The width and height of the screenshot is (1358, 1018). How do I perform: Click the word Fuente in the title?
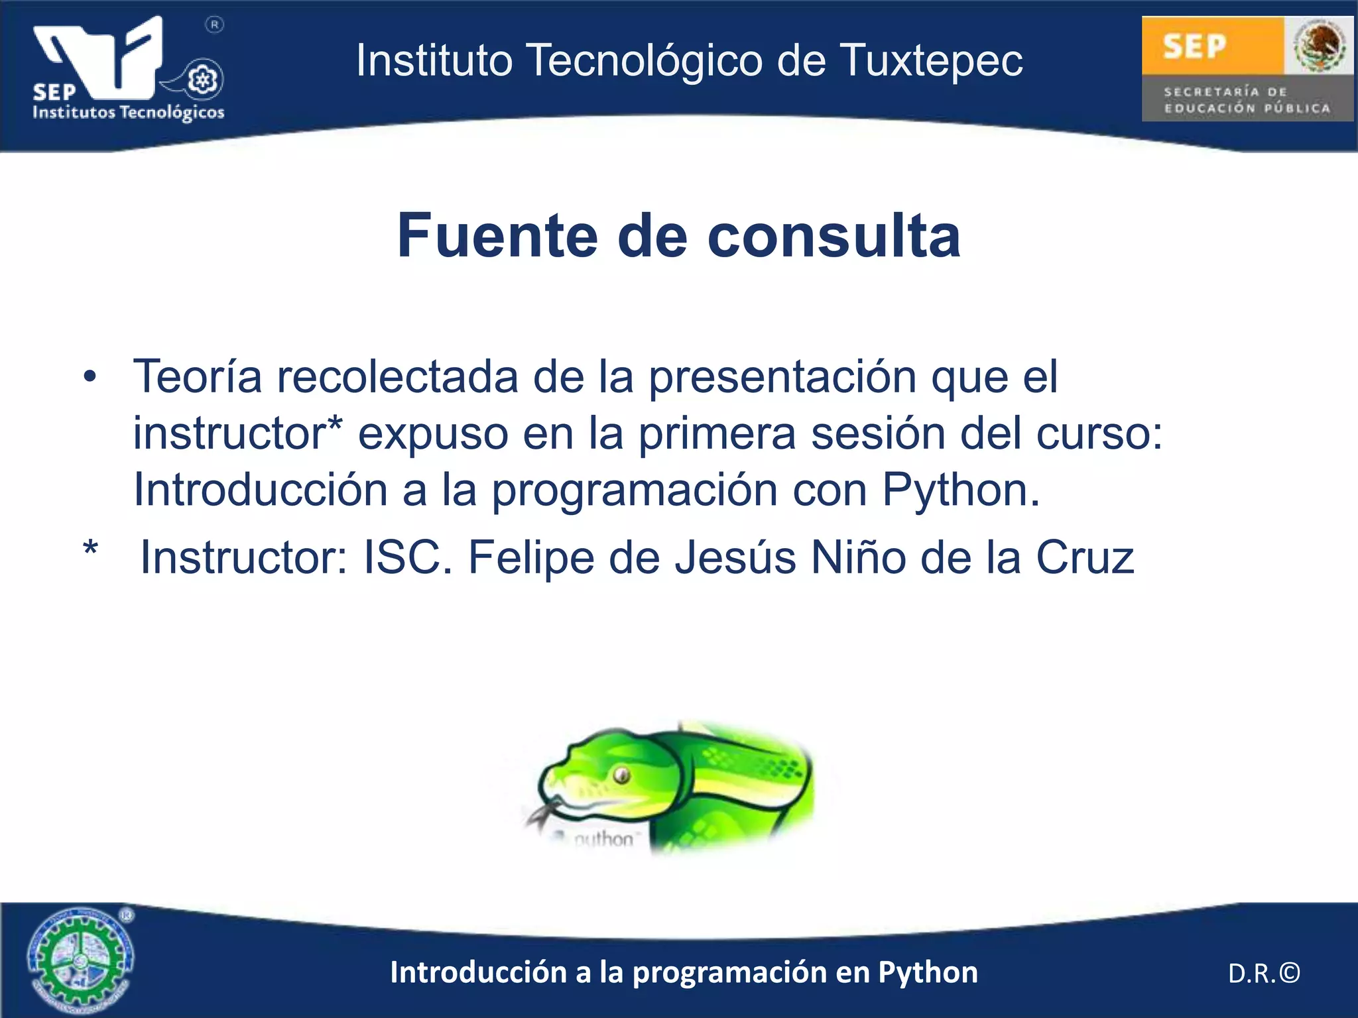coord(497,236)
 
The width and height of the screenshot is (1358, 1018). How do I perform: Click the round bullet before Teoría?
coord(90,378)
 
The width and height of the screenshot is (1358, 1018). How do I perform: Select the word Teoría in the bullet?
coord(198,376)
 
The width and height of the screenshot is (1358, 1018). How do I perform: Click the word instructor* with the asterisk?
coord(237,433)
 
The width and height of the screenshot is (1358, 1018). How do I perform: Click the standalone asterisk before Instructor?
coord(91,550)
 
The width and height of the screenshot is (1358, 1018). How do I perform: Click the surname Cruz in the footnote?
coord(1085,557)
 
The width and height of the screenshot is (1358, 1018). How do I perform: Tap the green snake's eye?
coord(621,774)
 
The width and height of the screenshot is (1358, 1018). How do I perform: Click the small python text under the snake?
coord(602,840)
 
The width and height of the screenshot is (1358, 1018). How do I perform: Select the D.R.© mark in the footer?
coord(1264,973)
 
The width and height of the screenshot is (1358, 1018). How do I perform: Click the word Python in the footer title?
coord(928,973)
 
